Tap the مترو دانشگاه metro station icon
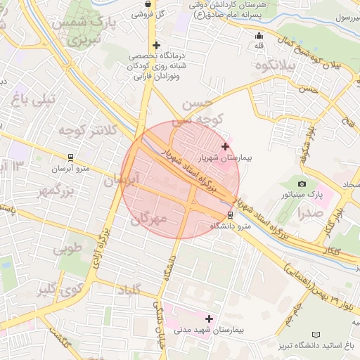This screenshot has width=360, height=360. [x=232, y=216]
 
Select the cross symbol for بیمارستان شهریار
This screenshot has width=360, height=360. [x=225, y=147]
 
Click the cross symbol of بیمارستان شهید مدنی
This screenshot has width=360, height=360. [x=209, y=319]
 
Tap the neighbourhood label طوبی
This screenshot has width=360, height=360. [x=67, y=247]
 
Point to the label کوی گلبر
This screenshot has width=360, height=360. [x=56, y=288]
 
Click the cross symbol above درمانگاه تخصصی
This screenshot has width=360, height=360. [x=155, y=45]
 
